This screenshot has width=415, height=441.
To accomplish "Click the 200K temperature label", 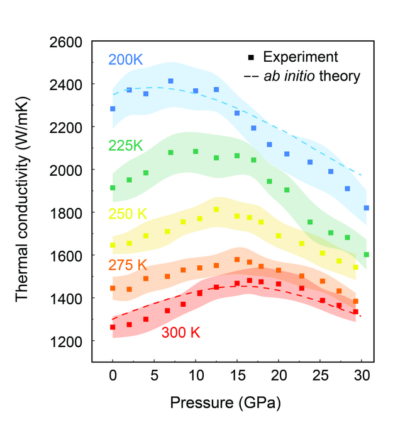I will (126, 60).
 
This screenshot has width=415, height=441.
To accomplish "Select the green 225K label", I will (126, 146).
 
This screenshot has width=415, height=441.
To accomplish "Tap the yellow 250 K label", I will (128, 215).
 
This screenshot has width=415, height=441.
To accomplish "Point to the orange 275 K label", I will (128, 266).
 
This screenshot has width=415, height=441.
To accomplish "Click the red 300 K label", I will (181, 332).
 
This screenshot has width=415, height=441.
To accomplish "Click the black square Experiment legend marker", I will (251, 57).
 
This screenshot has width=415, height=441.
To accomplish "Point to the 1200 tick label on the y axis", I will (66, 341).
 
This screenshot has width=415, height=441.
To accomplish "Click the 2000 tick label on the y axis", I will (66, 170).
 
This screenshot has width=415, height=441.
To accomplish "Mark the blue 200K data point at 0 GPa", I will (113, 109).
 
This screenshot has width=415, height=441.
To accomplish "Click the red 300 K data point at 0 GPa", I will (113, 327).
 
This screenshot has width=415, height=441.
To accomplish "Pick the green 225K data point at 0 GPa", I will (113, 188).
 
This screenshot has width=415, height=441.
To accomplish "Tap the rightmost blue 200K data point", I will (366, 208).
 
